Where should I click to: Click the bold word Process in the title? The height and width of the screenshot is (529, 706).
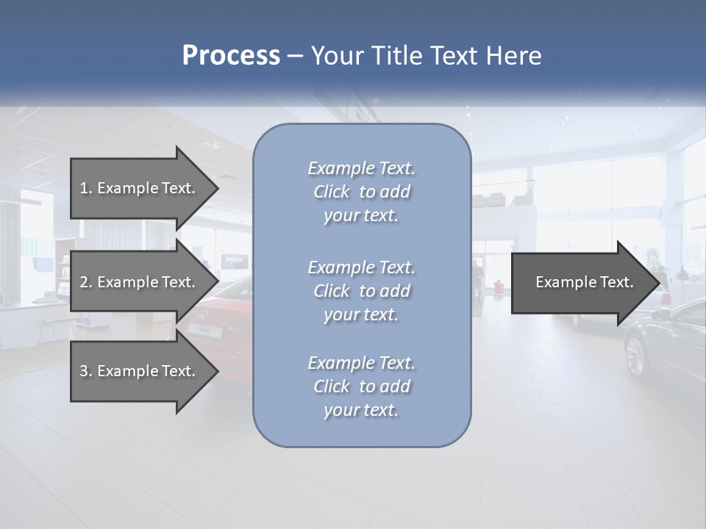point(231,56)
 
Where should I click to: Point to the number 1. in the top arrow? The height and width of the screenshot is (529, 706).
point(85,188)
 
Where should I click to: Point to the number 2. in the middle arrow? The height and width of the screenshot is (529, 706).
point(85,282)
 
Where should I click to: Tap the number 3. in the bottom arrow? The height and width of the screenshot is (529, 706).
point(85,371)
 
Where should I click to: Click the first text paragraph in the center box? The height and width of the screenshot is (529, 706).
point(361,192)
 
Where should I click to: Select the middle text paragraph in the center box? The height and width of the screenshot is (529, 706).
point(361,291)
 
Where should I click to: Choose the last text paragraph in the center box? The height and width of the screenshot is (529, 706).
point(361,386)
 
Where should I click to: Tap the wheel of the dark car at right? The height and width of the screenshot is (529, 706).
point(635,354)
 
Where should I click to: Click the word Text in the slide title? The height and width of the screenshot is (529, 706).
point(455,56)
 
